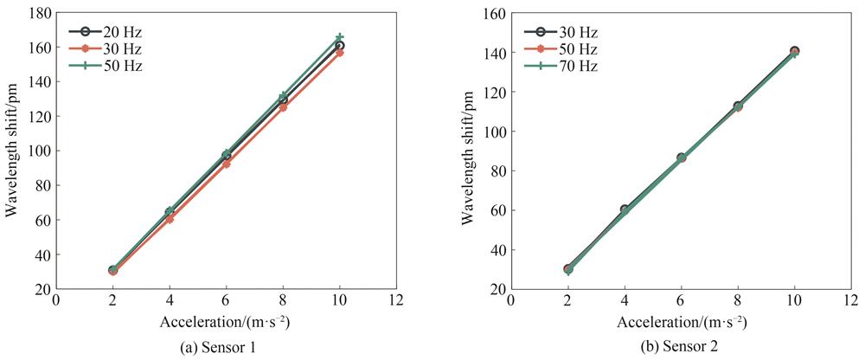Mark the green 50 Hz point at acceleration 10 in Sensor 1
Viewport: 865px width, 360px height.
(x=340, y=37)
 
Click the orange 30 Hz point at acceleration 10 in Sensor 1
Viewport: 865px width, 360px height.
(x=340, y=53)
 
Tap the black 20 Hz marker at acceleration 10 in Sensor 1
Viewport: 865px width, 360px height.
(x=340, y=46)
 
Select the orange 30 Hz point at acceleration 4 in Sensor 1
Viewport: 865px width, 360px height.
(x=170, y=219)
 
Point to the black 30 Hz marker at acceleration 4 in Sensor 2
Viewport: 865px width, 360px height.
(x=625, y=209)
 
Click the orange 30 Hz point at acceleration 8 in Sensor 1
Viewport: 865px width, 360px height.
(x=283, y=107)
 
